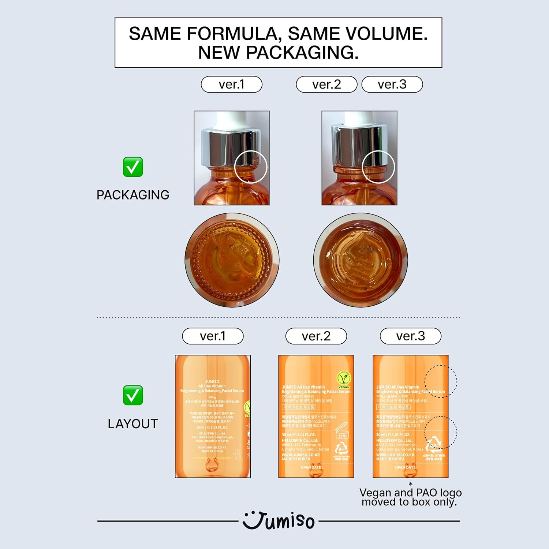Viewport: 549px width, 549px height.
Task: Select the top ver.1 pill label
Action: (231, 85)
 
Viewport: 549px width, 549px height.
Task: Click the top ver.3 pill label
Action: (392, 85)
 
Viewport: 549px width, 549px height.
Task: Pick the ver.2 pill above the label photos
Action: (316, 336)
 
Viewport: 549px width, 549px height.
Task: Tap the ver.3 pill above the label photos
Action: (410, 336)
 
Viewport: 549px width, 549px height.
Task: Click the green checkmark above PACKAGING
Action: (133, 167)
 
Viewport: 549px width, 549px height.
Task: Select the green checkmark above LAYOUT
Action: (133, 395)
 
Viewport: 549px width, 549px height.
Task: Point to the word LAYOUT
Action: (133, 424)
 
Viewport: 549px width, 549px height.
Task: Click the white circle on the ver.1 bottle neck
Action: (251, 167)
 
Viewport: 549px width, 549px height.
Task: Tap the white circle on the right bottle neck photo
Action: (378, 167)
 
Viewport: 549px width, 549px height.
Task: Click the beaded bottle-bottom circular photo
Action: (232, 260)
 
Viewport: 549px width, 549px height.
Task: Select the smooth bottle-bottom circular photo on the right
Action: (361, 260)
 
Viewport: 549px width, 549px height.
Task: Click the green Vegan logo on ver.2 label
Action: (344, 380)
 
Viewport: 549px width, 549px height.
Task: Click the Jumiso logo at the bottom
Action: (279, 521)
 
